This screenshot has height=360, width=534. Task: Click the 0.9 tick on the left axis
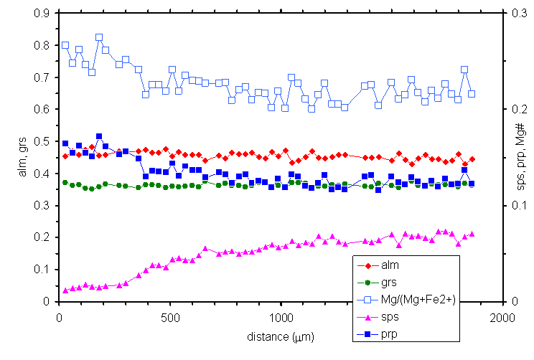pos(42,13)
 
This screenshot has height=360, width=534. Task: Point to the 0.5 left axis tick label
pos(42,141)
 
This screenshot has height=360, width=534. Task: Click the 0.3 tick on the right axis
pos(518,13)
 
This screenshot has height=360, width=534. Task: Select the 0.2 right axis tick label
pos(518,109)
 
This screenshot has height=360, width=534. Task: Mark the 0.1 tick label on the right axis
pos(518,206)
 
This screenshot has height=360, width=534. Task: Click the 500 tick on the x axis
pos(169,316)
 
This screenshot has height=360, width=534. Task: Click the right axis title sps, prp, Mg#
pos(522,158)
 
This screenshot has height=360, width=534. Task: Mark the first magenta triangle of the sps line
pos(65,290)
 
